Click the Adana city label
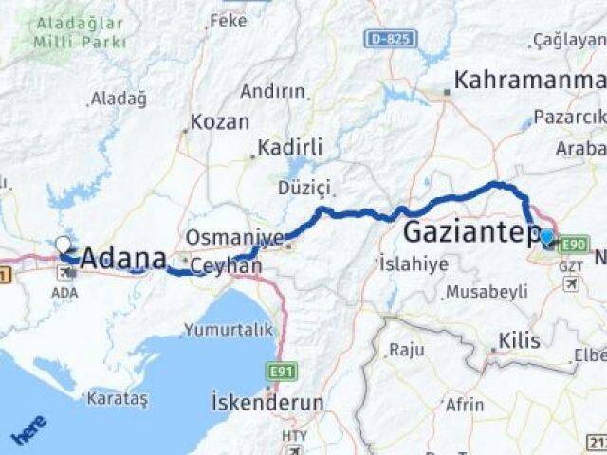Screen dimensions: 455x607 click(123, 258)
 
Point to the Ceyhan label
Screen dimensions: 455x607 click(226, 266)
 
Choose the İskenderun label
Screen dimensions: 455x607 click(267, 402)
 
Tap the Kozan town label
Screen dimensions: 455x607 click(220, 122)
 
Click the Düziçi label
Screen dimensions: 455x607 click(303, 188)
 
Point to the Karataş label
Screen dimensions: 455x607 click(118, 398)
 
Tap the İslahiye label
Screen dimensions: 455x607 click(414, 264)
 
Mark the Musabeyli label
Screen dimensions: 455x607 click(487, 292)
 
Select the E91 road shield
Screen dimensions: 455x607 click(281, 372)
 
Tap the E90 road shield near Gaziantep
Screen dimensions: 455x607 click(575, 245)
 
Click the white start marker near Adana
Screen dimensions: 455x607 click(63, 245)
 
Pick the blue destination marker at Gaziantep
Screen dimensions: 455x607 click(547, 236)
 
